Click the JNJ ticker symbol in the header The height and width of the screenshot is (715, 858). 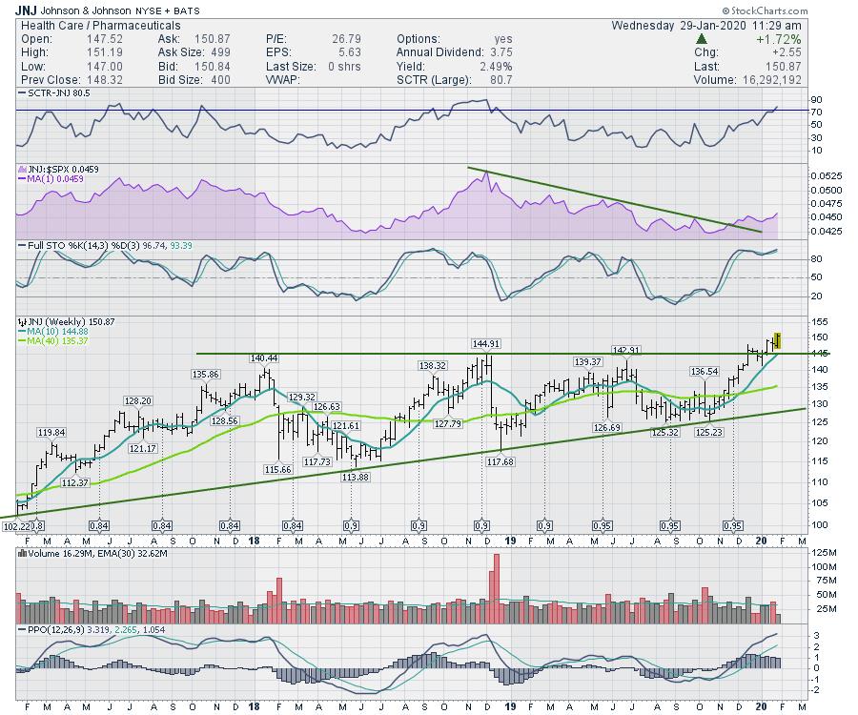[27, 10]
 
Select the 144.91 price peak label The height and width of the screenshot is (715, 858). [486, 343]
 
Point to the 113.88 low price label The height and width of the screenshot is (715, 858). [355, 477]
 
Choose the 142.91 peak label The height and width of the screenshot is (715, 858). [624, 350]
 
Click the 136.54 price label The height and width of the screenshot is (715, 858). [705, 371]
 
